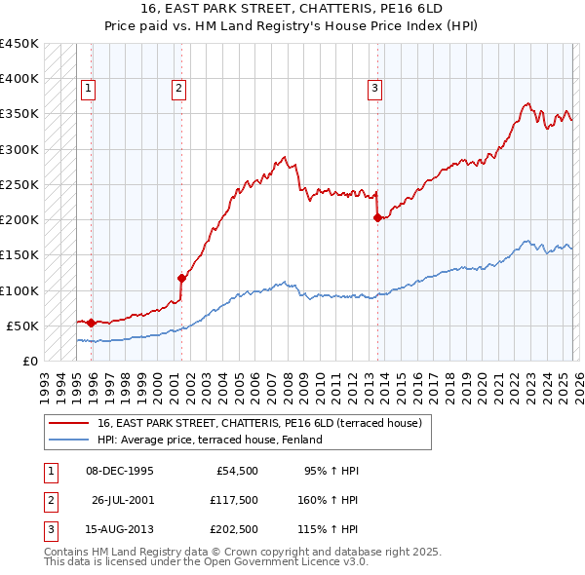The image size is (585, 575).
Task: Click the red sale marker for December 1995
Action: click(91, 323)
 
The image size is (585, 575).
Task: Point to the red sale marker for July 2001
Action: click(181, 278)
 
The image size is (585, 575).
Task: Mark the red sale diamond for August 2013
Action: click(376, 218)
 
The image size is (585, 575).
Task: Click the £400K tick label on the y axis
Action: click(19, 79)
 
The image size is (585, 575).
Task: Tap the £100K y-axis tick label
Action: click(19, 290)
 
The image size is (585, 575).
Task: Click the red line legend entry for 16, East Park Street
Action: click(259, 423)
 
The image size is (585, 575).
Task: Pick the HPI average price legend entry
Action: click(209, 440)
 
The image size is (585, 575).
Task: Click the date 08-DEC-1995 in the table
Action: click(120, 471)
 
